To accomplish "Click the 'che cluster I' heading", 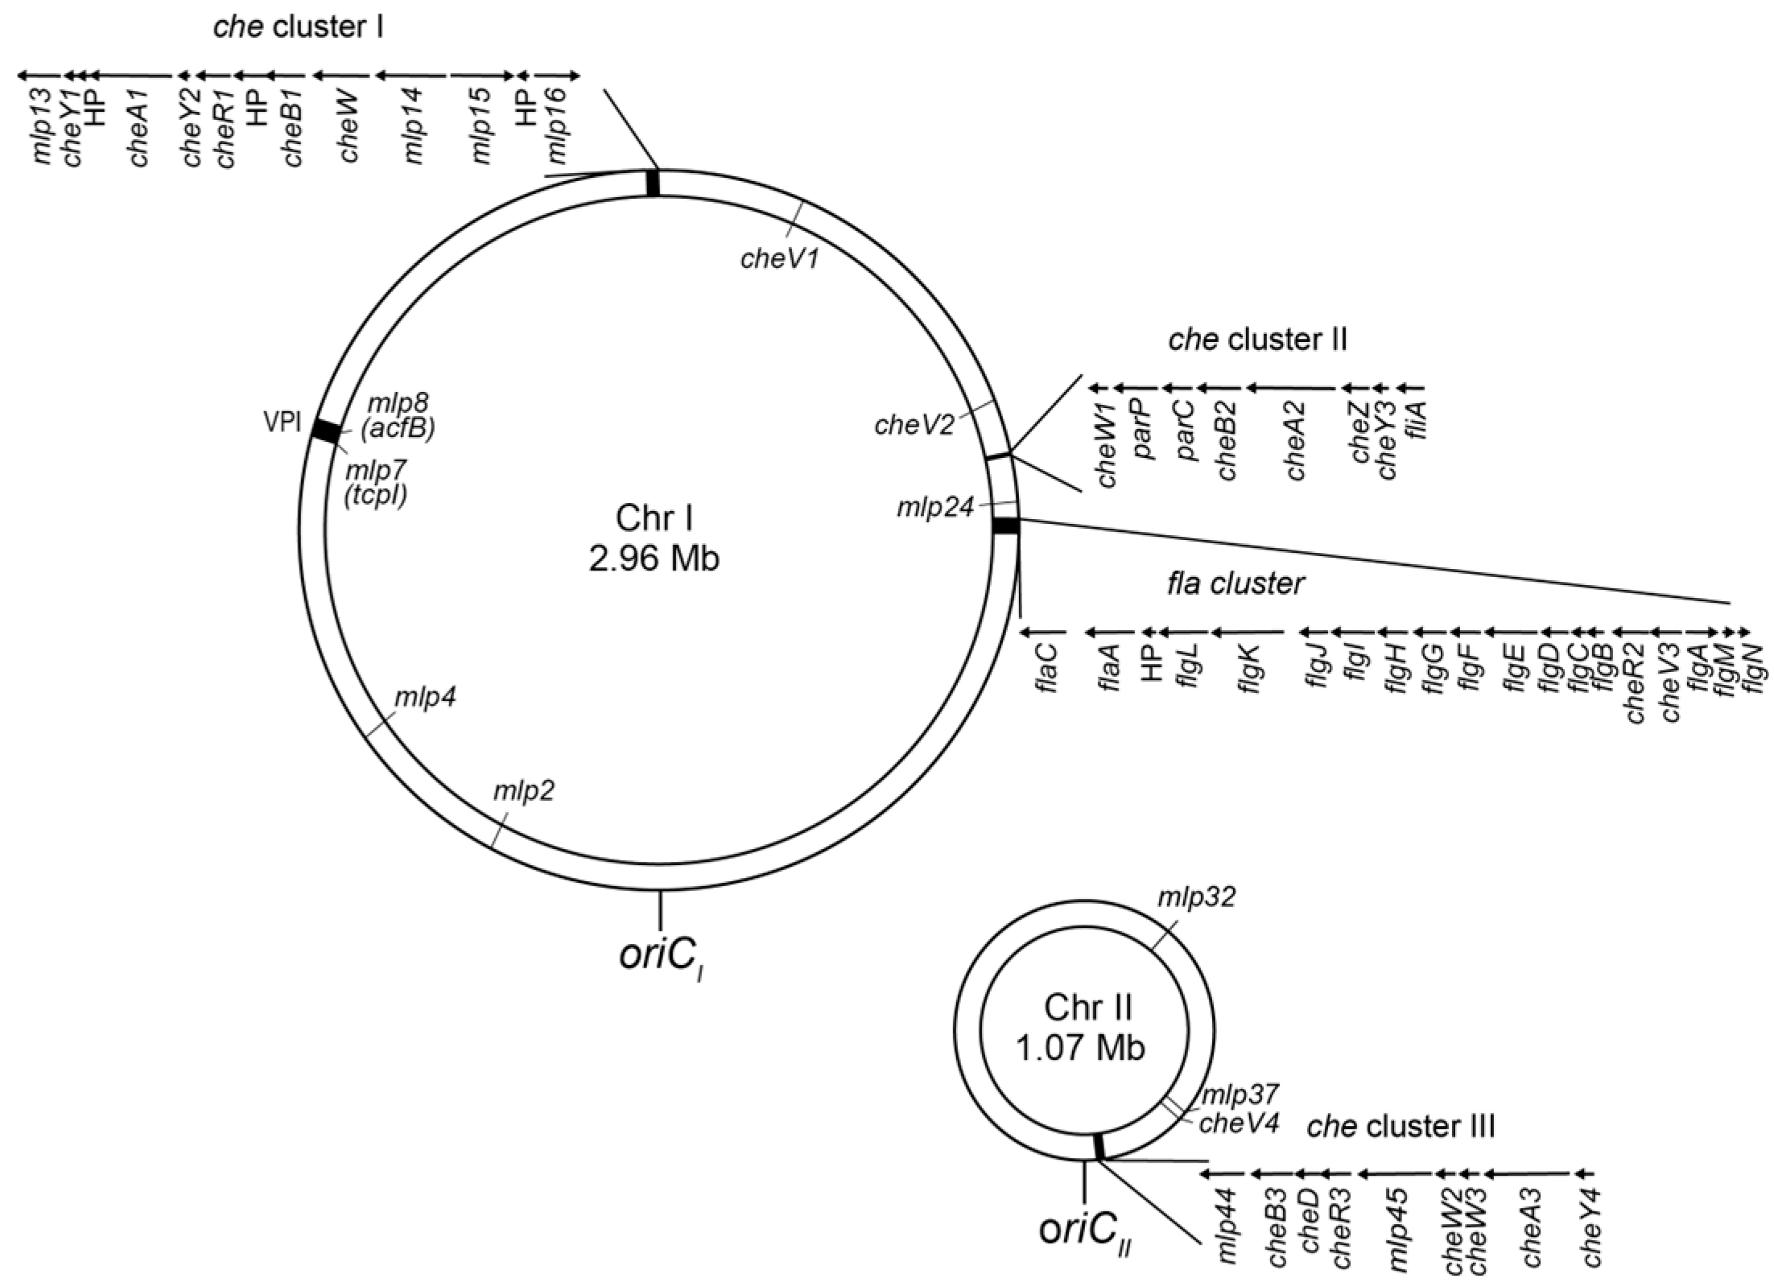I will pos(299,28).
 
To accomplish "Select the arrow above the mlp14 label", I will pos(412,76).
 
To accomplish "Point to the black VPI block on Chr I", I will pos(326,431).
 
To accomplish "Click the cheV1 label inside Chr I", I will pos(778,259).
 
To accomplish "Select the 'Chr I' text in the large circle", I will pos(654,518).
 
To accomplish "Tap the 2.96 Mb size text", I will pos(654,559).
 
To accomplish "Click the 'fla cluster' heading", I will pos(1236,583).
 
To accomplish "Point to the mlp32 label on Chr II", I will pos(1196,897).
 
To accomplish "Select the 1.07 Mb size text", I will pos(1079,1048).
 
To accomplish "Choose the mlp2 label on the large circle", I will pos(523,792).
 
